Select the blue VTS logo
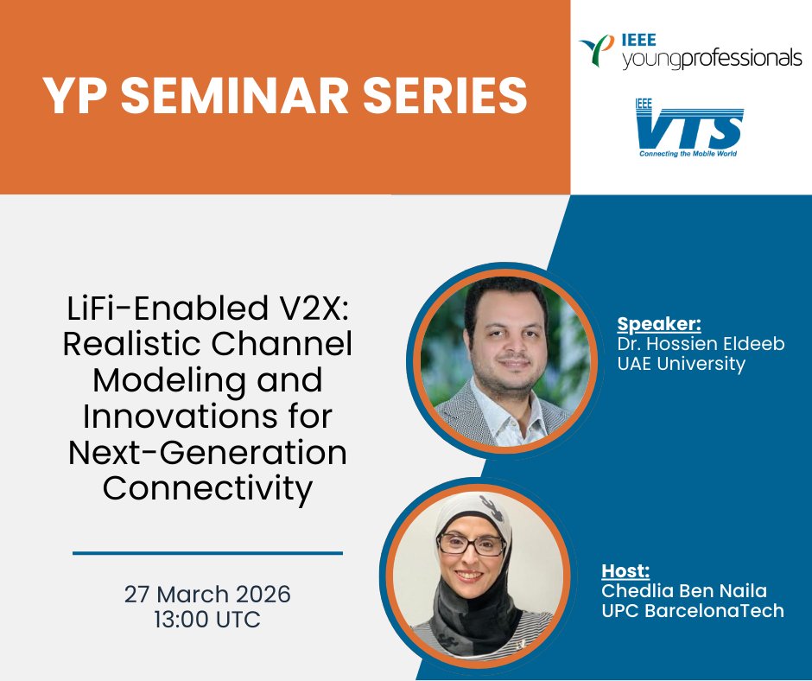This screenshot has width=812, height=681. coord(688,128)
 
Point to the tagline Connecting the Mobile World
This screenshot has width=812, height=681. coord(688,155)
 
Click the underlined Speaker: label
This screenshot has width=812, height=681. coord(659,324)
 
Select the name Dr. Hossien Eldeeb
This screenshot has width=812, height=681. coord(701,344)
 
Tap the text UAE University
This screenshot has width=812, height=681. coord(681,364)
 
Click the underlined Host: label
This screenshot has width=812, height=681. coord(625,571)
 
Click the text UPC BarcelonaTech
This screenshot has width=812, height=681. coord(692,611)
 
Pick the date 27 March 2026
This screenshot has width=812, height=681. coord(207,595)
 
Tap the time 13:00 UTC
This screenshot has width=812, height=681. coord(207,621)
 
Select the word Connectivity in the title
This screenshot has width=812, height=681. coord(207,489)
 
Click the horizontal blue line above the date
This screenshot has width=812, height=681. coord(207,553)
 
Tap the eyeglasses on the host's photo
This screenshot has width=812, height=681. coord(472,544)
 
